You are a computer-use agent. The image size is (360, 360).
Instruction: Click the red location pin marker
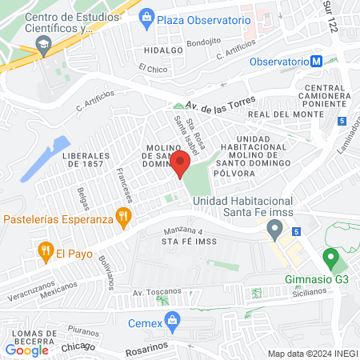(x=179, y=163)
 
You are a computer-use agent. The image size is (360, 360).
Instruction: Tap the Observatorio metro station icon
(x=318, y=62)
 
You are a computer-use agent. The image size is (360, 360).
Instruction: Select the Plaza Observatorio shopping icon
(x=146, y=17)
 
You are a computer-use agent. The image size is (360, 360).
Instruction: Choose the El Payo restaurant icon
(x=45, y=254)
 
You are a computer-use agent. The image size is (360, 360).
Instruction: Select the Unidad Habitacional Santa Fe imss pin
(x=276, y=232)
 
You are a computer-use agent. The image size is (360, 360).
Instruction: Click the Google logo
(x=27, y=350)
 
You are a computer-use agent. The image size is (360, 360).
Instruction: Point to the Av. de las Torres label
(x=220, y=103)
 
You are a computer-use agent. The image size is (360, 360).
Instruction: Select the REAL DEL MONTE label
(x=279, y=114)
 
